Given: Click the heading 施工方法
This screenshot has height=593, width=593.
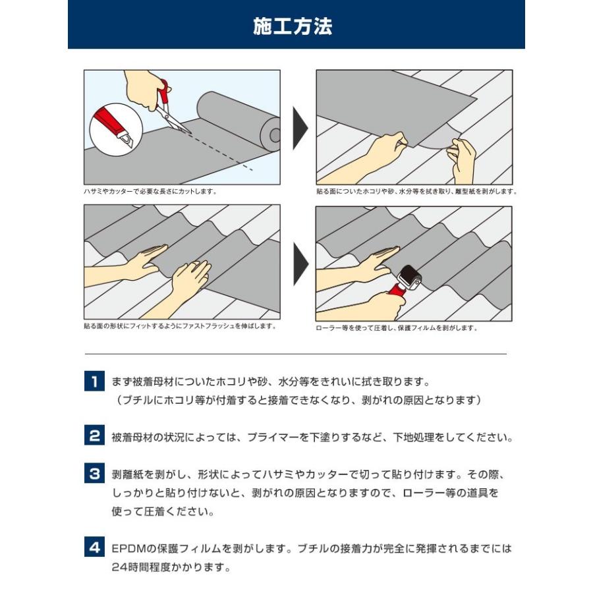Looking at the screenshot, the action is (293, 26).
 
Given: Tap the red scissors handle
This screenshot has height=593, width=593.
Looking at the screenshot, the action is (163, 94).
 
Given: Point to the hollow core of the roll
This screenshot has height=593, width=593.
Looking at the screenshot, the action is (275, 135).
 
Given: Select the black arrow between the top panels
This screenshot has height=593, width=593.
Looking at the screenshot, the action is (300, 128).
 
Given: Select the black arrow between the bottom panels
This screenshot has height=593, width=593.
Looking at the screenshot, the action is (301, 264).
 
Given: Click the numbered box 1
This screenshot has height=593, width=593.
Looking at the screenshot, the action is (94, 381).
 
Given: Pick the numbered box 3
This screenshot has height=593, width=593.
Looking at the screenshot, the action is (94, 473).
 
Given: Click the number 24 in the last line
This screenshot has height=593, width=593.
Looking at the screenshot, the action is (119, 567).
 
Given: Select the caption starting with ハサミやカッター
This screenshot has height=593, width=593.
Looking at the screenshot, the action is (151, 191).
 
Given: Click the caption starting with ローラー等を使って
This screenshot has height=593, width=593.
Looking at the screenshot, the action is (397, 328).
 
